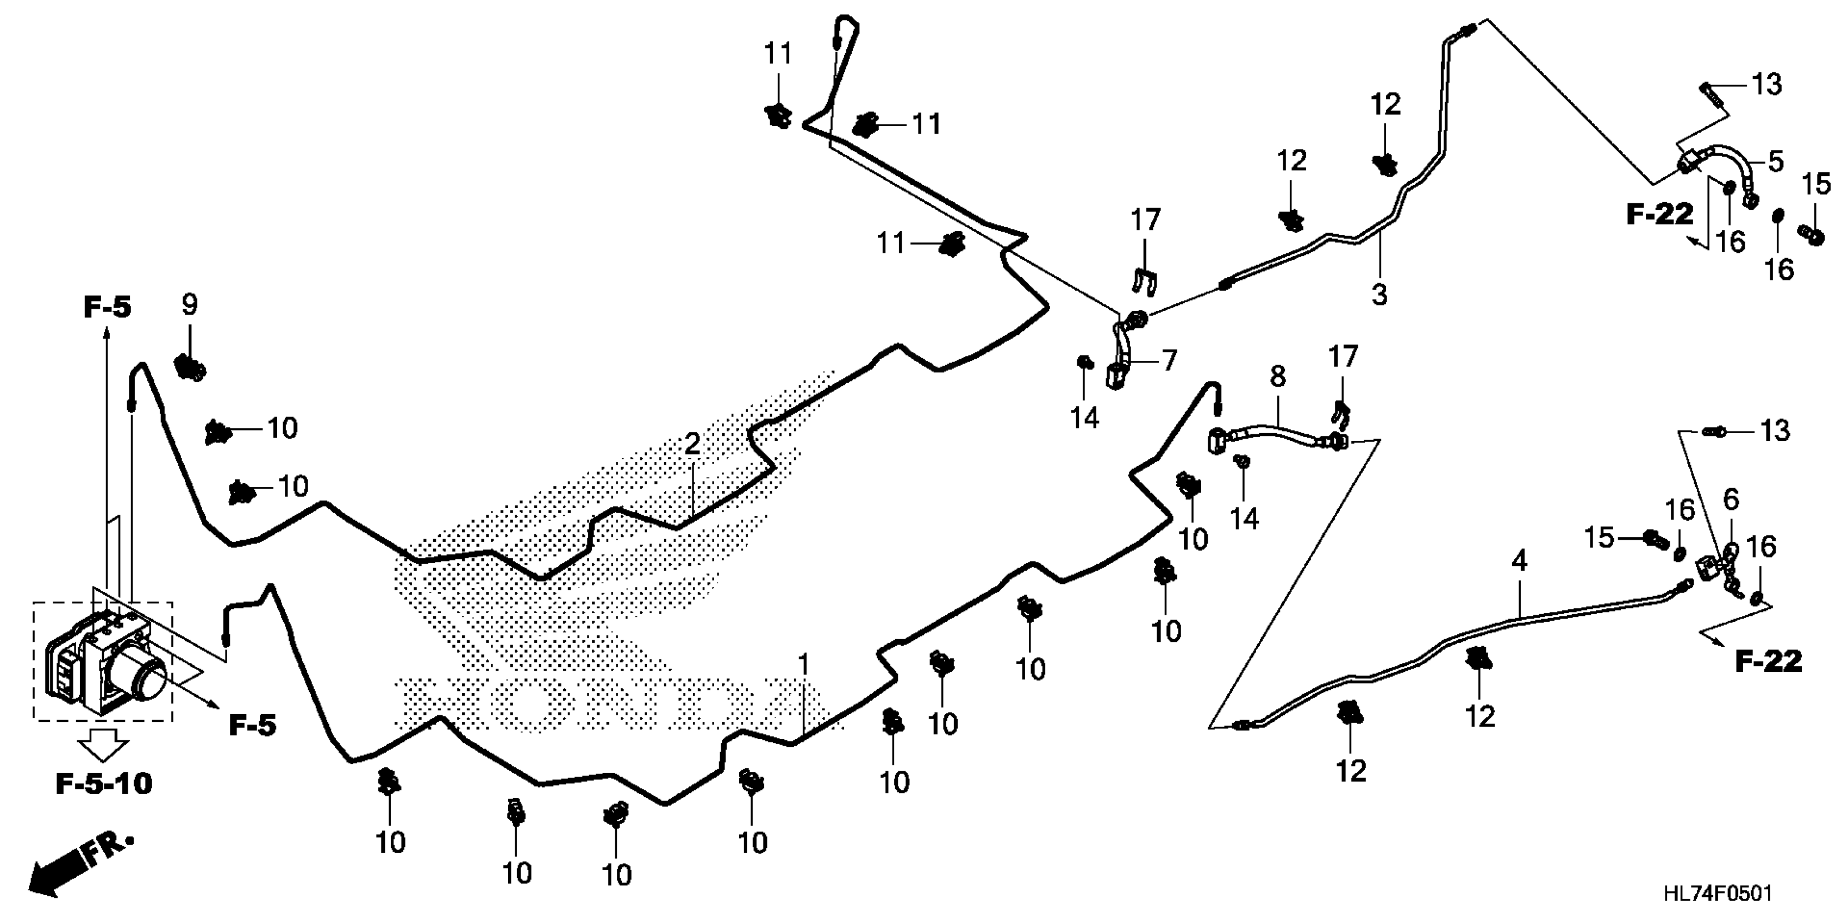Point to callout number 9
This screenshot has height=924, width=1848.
click(x=189, y=305)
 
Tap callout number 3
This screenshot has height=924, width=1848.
click(x=1379, y=294)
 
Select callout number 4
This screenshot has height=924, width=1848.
click(x=1519, y=561)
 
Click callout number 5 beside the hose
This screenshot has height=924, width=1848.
click(x=1776, y=161)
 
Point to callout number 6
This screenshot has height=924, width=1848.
click(x=1731, y=500)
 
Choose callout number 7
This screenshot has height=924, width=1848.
click(x=1169, y=360)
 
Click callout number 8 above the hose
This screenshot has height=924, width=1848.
click(x=1278, y=377)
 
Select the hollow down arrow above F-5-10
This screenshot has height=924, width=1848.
click(x=103, y=745)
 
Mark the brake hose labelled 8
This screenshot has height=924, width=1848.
click(x=1270, y=439)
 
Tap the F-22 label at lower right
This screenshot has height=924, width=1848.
click(x=1768, y=661)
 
